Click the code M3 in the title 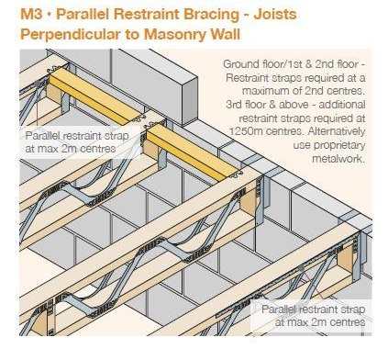pos(31,14)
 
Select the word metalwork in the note pos(338,159)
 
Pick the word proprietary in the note pos(329,145)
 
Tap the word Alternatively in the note pos(337,131)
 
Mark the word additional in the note pos(342,105)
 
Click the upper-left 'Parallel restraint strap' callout pos(77,142)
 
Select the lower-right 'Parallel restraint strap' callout pos(314,316)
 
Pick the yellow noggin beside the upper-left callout pos(192,152)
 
